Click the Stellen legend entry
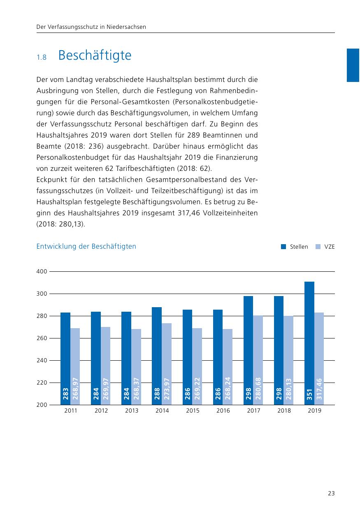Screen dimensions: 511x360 (295, 247)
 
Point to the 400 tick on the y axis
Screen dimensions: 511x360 (42, 272)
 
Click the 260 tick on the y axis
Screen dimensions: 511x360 (42, 338)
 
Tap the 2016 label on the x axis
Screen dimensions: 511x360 (223, 411)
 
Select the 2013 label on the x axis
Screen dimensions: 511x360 (132, 411)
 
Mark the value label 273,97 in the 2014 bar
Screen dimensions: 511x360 (167, 389)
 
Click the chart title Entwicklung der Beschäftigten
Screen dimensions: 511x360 (86, 247)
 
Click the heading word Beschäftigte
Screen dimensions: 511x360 (95, 55)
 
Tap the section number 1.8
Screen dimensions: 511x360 (42, 57)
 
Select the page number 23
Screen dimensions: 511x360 (331, 493)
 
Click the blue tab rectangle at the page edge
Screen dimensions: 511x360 (353, 65)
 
